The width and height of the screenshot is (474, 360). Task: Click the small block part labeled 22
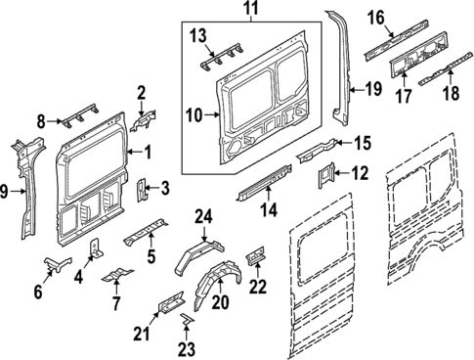255,254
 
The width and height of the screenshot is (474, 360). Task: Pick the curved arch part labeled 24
194,254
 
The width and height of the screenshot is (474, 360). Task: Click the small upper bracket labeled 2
141,123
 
